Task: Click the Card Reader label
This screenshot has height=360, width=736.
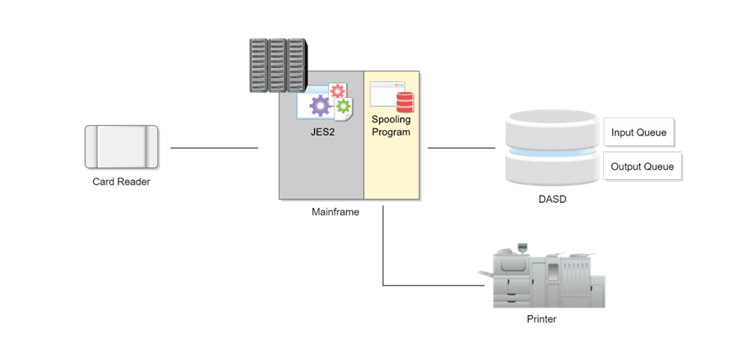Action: coord(121,182)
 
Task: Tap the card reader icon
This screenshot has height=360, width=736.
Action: coord(121,146)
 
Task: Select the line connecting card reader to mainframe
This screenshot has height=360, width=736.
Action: coord(214,148)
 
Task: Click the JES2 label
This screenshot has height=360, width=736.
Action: coord(322,132)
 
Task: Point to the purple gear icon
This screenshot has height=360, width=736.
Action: coord(320,106)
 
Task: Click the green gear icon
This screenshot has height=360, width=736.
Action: coord(344,106)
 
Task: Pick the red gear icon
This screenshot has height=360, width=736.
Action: coord(337,91)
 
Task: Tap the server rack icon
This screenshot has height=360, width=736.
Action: coord(278,65)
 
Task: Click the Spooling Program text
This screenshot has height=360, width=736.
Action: coord(391,126)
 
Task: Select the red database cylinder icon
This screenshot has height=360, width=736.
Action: coord(405,102)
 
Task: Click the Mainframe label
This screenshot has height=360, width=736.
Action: coord(335,212)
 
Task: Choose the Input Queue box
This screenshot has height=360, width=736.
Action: coord(638,132)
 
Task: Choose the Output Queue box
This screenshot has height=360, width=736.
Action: coord(642,166)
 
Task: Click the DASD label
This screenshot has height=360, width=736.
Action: coord(552,199)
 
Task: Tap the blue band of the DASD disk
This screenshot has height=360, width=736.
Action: coord(553,151)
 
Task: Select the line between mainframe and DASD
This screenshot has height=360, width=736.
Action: coord(461,148)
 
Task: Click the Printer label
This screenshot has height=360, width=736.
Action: coord(542,319)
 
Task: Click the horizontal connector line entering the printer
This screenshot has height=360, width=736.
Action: coord(434,285)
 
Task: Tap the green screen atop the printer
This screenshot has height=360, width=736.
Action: coord(522,247)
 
